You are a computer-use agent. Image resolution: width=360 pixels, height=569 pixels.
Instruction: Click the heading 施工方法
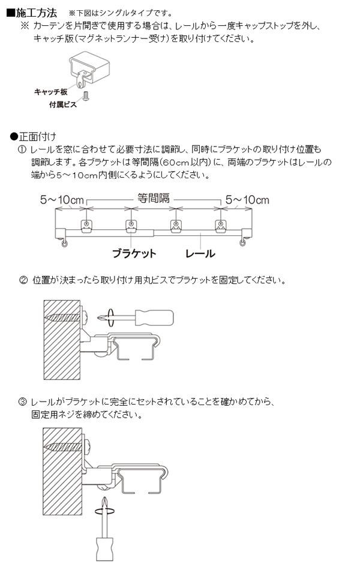pos(36,13)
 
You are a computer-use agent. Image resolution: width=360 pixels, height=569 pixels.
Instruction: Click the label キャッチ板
pos(51,92)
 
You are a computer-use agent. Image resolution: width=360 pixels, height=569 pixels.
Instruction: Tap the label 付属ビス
pos(63,105)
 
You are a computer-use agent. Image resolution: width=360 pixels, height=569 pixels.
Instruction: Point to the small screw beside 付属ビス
pos(86,96)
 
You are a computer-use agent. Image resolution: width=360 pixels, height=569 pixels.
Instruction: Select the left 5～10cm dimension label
pos(62,200)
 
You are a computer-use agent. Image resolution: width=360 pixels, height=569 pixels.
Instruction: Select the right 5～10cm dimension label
pos(247,200)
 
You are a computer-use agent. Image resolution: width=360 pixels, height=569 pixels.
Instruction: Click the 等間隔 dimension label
pos(153,198)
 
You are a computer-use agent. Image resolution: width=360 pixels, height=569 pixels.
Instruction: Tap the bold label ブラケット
pos(134,253)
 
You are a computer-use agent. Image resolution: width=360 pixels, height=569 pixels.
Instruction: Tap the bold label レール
pos(200,253)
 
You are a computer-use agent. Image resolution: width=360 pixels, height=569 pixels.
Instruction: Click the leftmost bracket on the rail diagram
pos(86,226)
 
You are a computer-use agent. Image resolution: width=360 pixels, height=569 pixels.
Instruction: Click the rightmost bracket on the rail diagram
pos(220,226)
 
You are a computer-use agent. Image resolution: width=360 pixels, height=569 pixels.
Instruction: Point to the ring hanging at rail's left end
pos(64,244)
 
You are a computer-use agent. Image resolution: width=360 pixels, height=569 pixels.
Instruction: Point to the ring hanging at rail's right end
pos(242,243)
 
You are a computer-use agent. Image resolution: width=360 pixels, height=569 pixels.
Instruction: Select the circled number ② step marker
pos(23,280)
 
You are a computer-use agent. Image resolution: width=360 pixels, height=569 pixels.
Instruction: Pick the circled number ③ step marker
pos(23,402)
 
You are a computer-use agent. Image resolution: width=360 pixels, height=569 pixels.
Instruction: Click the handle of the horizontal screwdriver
pos(154,318)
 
